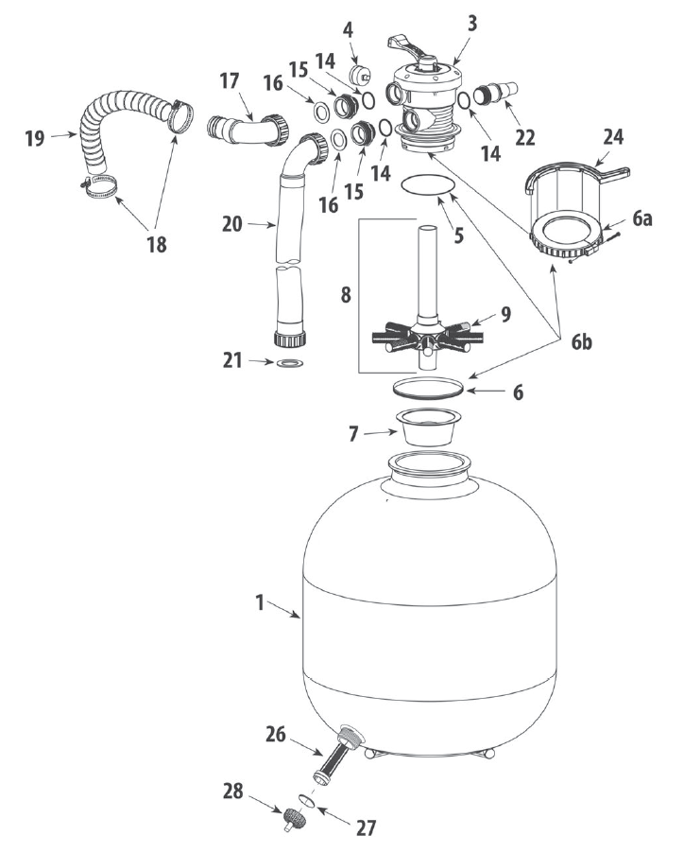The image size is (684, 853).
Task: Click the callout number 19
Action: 35,138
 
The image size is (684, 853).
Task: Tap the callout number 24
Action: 613,136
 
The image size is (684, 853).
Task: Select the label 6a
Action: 641,218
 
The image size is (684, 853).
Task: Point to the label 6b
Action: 581,342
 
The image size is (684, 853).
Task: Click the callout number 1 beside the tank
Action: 259,602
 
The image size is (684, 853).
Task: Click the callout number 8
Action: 346,295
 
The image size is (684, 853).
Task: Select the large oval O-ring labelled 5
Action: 427,186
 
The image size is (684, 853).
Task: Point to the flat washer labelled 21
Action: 289,362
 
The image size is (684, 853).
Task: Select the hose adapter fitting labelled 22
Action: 496,92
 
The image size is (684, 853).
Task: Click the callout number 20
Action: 232,223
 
